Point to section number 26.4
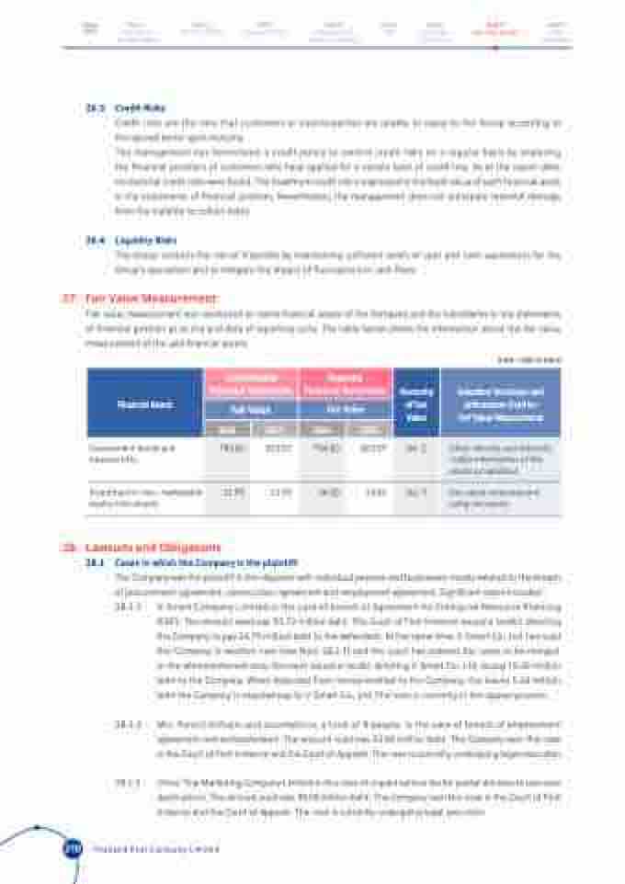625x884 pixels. click(x=94, y=240)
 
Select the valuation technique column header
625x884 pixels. click(x=500, y=402)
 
